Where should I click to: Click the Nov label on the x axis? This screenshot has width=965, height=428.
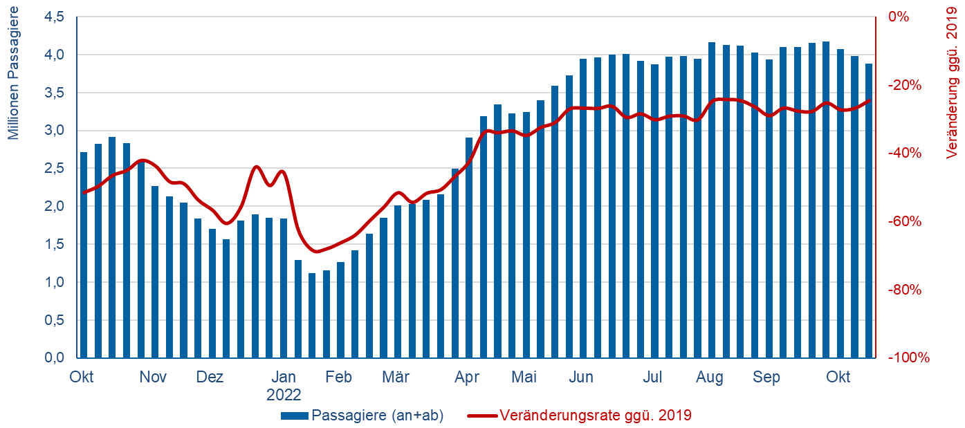tap(153, 378)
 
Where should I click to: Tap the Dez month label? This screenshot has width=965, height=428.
tap(210, 378)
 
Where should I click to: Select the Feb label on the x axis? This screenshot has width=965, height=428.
tap(339, 378)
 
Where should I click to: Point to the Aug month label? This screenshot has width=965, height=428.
tap(710, 378)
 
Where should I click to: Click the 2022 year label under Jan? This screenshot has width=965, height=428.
tap(284, 395)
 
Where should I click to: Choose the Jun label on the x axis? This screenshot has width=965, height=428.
tap(581, 378)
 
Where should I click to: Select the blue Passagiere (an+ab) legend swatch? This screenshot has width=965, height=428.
tap(295, 416)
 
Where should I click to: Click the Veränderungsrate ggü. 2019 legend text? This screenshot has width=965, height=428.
tap(595, 416)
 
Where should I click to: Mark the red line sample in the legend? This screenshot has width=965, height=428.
tap(481, 416)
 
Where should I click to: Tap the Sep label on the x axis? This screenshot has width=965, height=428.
tap(766, 378)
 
